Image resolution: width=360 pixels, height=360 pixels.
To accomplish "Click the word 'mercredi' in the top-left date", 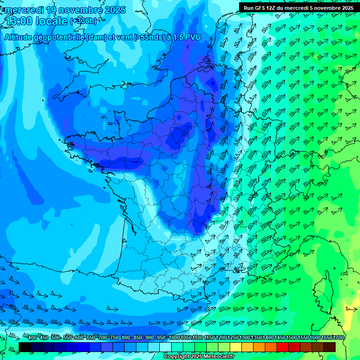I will [22, 10].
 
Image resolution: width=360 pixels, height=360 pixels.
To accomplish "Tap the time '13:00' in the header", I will [18, 21].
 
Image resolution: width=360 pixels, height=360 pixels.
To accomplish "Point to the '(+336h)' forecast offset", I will [83, 21].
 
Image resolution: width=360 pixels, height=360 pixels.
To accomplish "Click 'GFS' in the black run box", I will [262, 7].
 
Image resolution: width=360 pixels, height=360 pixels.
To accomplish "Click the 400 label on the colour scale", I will [32, 338].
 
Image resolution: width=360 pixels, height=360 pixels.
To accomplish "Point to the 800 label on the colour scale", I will [126, 338].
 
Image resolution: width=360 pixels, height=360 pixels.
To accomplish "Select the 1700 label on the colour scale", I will [338, 338].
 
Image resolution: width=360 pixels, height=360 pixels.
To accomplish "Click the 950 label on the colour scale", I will [161, 338].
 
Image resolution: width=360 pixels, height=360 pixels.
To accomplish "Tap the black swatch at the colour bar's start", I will [25, 347].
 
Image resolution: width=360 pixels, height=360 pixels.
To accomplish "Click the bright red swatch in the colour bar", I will [283, 347].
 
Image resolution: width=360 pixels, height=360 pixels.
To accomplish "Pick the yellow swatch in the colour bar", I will [236, 347].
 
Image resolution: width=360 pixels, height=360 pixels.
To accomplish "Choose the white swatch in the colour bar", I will [165, 347].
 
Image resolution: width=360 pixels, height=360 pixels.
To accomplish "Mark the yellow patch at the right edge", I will [351, 314].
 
